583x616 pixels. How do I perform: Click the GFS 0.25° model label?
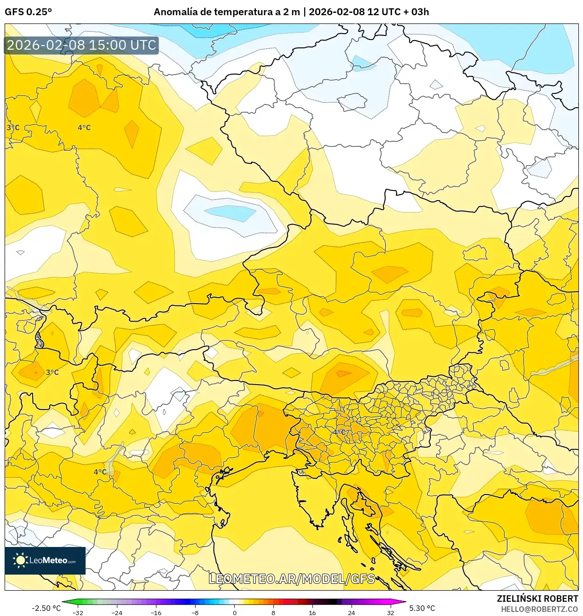pyautogui.click(x=28, y=12)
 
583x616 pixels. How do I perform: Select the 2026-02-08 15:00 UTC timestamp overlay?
pyautogui.click(x=81, y=45)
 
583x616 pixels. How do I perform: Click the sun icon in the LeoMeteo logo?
pyautogui.click(x=20, y=560)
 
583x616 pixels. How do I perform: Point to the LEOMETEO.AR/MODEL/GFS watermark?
pyautogui.click(x=292, y=578)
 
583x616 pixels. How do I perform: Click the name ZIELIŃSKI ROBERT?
pyautogui.click(x=537, y=599)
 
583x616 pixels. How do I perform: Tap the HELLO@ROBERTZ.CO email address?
pyautogui.click(x=539, y=609)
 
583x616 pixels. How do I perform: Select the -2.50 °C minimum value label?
pyautogui.click(x=46, y=608)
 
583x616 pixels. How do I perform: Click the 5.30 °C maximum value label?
pyautogui.click(x=422, y=608)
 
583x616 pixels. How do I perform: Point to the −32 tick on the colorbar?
pyautogui.click(x=78, y=612)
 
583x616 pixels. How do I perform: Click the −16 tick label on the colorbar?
pyautogui.click(x=156, y=612)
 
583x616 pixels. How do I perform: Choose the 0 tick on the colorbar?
pyautogui.click(x=234, y=612)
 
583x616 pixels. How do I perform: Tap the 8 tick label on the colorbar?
pyautogui.click(x=273, y=612)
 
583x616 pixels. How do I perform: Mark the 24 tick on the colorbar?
pyautogui.click(x=351, y=612)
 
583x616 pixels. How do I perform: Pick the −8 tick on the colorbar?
pyautogui.click(x=195, y=612)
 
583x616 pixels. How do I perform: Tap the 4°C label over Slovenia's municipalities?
pyautogui.click(x=340, y=432)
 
